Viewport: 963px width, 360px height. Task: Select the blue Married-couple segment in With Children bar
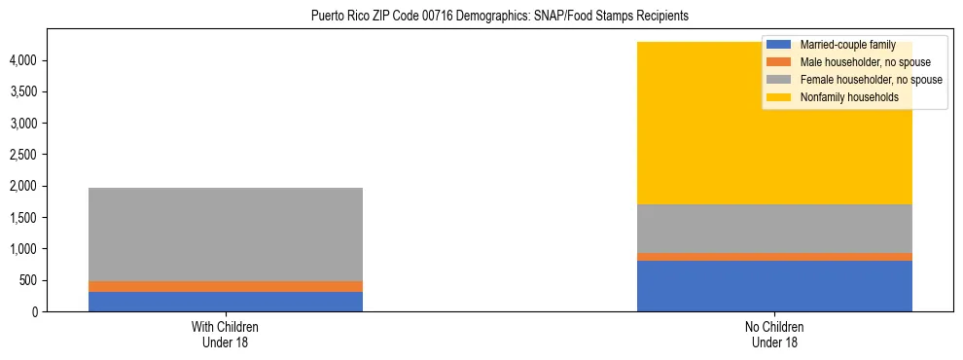pyautogui.click(x=226, y=301)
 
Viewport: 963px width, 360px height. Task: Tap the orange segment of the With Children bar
pyautogui.click(x=226, y=286)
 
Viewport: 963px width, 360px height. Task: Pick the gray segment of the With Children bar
pyautogui.click(x=226, y=234)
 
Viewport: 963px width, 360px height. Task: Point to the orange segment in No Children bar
pyautogui.click(x=774, y=256)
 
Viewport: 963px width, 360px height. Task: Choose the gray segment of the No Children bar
pyautogui.click(x=774, y=229)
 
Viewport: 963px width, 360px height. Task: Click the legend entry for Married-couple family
pyautogui.click(x=847, y=45)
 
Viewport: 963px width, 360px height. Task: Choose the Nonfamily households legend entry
pyautogui.click(x=849, y=97)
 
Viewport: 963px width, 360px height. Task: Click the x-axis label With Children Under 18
pyautogui.click(x=225, y=334)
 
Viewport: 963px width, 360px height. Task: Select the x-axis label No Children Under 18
pyautogui.click(x=774, y=334)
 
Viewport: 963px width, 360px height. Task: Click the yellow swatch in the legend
pyautogui.click(x=779, y=97)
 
